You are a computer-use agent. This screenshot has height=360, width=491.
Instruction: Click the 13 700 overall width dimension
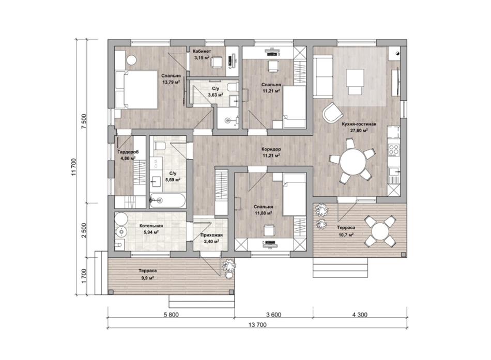(257, 325)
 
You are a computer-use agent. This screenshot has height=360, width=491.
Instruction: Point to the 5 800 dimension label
(171, 315)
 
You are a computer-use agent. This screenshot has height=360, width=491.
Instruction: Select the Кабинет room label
(202, 51)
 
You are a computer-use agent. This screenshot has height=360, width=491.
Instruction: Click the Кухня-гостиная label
(359, 124)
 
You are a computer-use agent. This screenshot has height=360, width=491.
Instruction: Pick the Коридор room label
(271, 149)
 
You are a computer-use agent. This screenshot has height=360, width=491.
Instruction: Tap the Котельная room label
(151, 226)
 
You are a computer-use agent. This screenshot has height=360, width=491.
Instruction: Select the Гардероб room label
(128, 152)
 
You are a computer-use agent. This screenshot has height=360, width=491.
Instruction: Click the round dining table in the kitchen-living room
(353, 161)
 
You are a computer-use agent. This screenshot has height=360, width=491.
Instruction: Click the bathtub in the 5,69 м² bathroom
(167, 200)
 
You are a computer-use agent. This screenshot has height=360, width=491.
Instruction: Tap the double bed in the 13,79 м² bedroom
(136, 89)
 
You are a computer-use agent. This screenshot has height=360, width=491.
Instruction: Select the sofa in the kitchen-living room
(323, 76)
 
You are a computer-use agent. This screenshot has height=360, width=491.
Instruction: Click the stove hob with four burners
(394, 150)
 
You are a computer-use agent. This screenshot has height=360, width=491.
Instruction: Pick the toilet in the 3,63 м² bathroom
(232, 87)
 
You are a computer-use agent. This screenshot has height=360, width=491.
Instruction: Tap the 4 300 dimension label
(360, 315)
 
